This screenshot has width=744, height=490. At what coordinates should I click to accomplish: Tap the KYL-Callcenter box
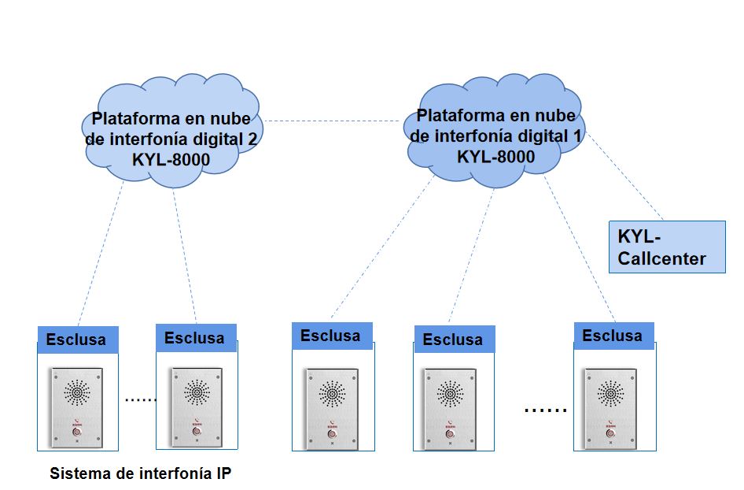coord(667,247)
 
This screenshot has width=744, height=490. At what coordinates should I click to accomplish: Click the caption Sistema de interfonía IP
coord(141,473)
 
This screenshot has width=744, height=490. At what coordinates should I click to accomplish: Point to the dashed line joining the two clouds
coord(330,121)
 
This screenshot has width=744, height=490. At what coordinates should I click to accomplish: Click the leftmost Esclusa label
coord(76,340)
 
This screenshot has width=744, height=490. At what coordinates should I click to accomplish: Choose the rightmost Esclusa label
coord(612,336)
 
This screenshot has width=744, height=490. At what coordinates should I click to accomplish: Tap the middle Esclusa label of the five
coord(330,336)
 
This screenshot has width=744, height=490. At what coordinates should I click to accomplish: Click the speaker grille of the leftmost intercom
coord(76,392)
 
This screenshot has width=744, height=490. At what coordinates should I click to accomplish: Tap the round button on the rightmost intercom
coord(610,432)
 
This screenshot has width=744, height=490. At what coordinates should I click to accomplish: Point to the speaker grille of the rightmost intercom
coord(610,392)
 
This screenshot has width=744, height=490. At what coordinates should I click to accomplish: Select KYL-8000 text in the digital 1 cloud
coord(495,156)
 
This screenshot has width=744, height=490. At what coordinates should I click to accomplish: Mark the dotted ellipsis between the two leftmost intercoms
coord(141,400)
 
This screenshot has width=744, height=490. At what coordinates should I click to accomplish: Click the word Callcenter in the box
coord(662,258)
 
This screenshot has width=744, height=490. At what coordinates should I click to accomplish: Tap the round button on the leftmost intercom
coord(76,432)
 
